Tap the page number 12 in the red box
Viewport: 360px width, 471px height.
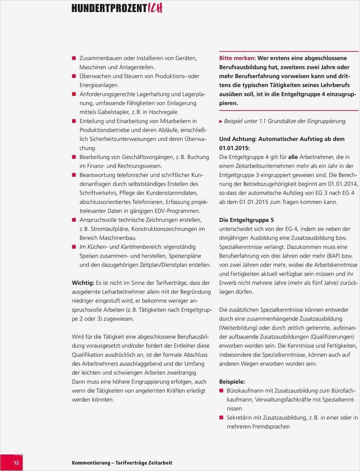coord(16,463)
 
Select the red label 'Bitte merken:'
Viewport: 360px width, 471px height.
coord(237,58)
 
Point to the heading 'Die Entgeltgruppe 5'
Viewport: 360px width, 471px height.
coord(246,220)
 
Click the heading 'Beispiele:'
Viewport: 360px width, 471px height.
coord(232,381)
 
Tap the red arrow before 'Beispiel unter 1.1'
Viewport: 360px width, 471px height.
coord(221,121)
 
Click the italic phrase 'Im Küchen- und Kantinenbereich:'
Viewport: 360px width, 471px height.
coord(121,247)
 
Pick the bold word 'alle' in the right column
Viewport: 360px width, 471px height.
coord(293,157)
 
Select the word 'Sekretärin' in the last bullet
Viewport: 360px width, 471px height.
coord(240,417)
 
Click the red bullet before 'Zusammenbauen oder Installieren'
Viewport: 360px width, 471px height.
coord(74,58)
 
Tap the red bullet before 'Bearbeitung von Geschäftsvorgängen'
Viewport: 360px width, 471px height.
coord(74,157)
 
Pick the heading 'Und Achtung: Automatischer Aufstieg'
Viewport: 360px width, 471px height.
coord(282,139)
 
